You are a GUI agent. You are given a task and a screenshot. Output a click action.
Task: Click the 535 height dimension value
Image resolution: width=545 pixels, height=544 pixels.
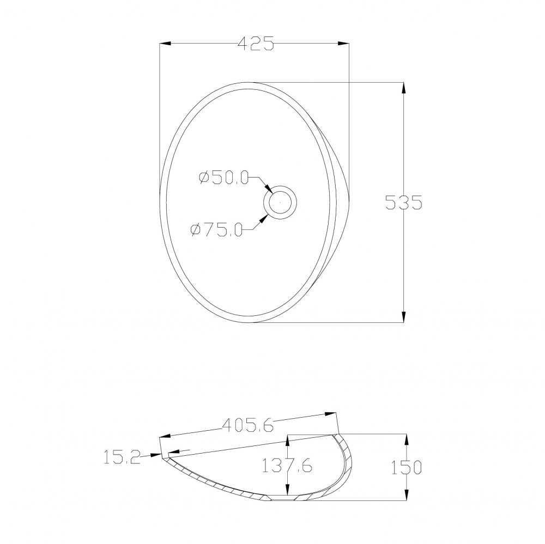tap(403, 202)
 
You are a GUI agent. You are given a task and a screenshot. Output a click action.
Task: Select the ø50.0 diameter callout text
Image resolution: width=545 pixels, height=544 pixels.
tap(224, 178)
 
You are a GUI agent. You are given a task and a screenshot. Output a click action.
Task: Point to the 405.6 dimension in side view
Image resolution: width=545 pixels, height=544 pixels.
tap(248, 425)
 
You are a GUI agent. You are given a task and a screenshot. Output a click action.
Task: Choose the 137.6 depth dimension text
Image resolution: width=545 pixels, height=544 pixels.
tap(287, 466)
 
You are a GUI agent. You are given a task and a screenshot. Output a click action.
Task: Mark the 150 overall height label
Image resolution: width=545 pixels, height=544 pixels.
tap(406, 467)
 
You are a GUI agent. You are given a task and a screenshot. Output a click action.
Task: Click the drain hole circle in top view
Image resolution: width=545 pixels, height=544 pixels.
tap(280, 203)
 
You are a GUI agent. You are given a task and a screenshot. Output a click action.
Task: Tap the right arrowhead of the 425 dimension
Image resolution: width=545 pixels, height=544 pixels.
tap(343, 44)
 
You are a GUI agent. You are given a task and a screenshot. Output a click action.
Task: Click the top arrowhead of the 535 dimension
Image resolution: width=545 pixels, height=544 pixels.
tap(403, 88)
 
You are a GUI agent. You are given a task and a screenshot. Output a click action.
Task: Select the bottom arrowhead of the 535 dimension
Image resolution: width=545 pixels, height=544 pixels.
tap(403, 317)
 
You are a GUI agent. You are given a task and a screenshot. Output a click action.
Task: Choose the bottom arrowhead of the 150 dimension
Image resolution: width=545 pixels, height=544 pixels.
tap(406, 495)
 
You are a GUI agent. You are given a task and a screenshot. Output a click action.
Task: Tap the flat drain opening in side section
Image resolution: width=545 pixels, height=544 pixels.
tap(281, 498)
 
